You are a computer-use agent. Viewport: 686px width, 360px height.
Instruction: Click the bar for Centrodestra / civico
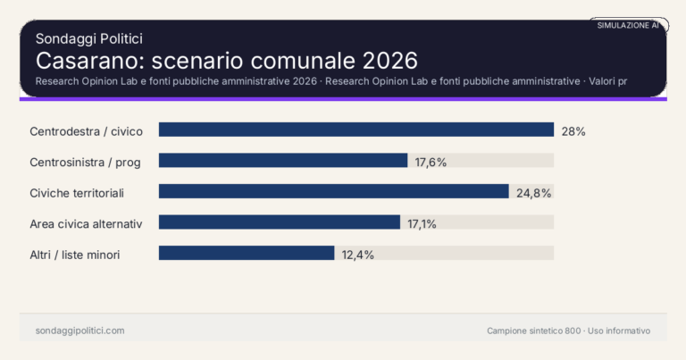(x=356, y=130)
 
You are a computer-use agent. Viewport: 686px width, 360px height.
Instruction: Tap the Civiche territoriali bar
(x=333, y=192)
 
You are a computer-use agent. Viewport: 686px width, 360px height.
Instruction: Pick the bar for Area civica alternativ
(x=280, y=222)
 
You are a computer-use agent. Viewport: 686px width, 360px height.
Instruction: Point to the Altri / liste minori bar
(x=247, y=254)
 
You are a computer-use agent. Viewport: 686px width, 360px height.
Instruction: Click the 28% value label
(x=573, y=131)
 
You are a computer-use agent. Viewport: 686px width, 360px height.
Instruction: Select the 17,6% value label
(x=431, y=162)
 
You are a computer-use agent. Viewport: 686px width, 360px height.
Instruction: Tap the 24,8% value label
(x=533, y=193)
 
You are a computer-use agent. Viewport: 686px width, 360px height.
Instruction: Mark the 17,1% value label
(x=422, y=223)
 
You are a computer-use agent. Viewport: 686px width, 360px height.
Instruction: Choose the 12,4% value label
(x=357, y=255)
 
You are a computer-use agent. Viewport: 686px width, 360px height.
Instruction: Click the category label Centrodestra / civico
(x=86, y=131)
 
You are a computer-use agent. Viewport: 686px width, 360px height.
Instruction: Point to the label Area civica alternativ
(x=87, y=223)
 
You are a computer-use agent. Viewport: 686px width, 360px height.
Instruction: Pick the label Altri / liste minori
(x=74, y=255)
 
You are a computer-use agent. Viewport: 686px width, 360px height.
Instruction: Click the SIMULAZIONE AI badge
(x=628, y=26)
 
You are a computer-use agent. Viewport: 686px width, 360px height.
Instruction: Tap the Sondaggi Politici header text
(x=89, y=38)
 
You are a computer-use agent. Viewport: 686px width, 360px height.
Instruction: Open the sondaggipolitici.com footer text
(x=79, y=331)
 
